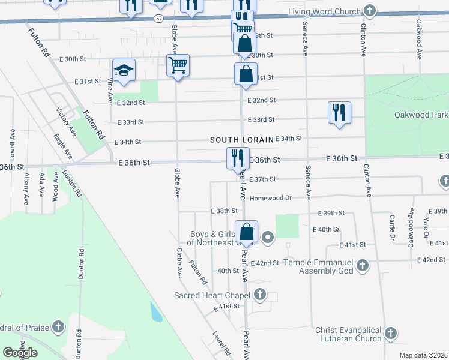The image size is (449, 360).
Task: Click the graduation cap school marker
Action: coord(123,71)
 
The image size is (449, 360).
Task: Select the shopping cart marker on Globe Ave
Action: coord(178,65)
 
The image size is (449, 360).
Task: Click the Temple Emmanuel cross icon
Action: coord(362,265)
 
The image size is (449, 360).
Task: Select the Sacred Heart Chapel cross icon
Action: coord(259,294)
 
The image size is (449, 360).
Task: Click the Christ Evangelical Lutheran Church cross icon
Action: coord(391,333)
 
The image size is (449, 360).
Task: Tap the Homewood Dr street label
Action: coord(270,197)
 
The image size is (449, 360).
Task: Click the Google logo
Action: coord(20,353)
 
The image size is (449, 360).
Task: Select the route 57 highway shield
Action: coord(158,19)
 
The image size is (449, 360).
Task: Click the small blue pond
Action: coord(155,311)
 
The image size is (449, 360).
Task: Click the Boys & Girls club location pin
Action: coord(268,239)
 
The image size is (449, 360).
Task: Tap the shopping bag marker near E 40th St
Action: coord(246,232)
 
